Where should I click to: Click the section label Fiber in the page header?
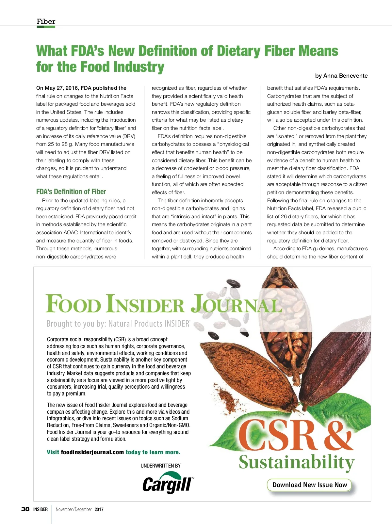point(46,22)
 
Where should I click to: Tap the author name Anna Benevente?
point(346,76)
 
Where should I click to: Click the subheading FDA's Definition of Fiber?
point(71,192)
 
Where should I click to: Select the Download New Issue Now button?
point(309,485)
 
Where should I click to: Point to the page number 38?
point(25,509)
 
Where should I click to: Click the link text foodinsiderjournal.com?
point(92,452)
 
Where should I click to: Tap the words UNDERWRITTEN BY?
point(161,466)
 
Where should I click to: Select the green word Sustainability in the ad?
point(296,462)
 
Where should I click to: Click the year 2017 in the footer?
point(99,509)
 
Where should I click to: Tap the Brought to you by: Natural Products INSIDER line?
point(118,324)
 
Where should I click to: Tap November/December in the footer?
point(73,509)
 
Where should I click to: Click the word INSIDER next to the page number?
point(41,509)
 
